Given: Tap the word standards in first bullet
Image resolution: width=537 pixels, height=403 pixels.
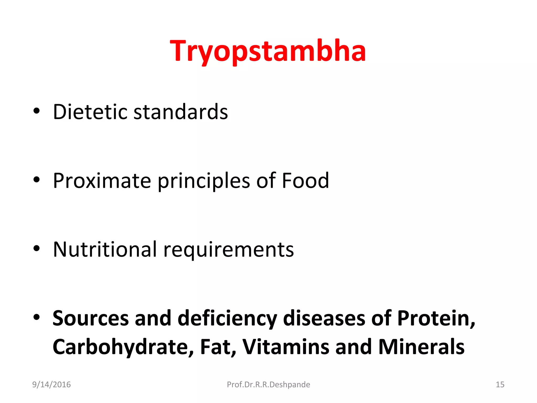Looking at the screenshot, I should [x=181, y=112].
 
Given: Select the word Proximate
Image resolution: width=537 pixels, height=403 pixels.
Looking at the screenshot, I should [x=102, y=181].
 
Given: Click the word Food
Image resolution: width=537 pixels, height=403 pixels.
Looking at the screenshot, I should [x=305, y=181].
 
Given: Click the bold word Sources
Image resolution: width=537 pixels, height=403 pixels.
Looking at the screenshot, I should [x=90, y=318].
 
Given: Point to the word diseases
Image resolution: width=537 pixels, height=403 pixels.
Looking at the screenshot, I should [x=324, y=318].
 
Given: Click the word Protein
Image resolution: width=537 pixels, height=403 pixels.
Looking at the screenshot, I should [x=436, y=318].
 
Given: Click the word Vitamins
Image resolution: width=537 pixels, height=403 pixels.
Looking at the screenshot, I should [x=286, y=347].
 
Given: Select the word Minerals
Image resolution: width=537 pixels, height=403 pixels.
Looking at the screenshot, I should [x=421, y=347].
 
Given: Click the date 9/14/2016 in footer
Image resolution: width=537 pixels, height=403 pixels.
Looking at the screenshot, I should [x=51, y=385].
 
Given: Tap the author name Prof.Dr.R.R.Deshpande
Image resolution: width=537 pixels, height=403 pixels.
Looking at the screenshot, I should [x=268, y=385].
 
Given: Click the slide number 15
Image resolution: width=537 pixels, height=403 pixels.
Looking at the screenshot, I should [x=500, y=385].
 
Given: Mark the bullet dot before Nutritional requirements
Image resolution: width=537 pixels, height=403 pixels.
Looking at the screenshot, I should [x=36, y=248].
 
